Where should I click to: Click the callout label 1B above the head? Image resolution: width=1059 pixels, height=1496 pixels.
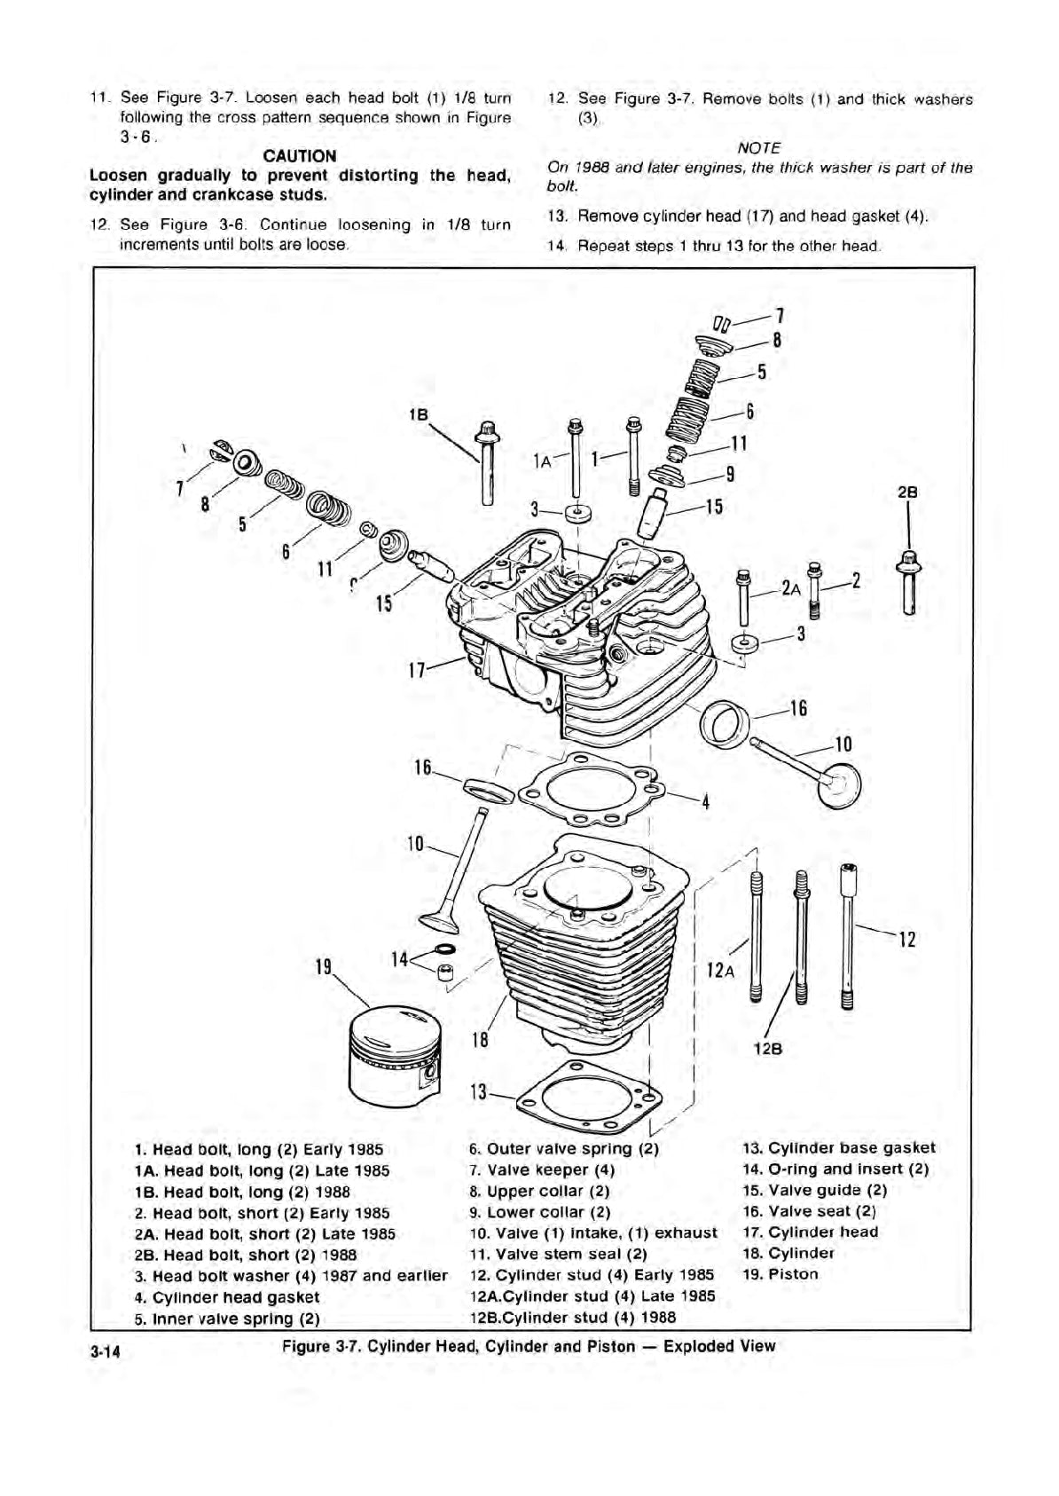coord(419,414)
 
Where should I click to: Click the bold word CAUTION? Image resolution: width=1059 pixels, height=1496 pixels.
coord(300,155)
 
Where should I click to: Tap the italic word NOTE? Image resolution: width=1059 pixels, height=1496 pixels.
coord(758,147)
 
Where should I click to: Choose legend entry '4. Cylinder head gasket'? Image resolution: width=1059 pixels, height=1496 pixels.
coord(226,1297)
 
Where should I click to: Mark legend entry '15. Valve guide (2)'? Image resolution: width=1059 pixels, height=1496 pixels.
coord(814,1190)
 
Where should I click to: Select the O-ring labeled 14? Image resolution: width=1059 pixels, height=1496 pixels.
coord(445,951)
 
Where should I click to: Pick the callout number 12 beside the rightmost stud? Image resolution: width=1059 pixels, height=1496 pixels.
coord(906,938)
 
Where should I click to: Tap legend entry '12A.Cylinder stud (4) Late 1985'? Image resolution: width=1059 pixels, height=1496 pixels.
coord(592,1296)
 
